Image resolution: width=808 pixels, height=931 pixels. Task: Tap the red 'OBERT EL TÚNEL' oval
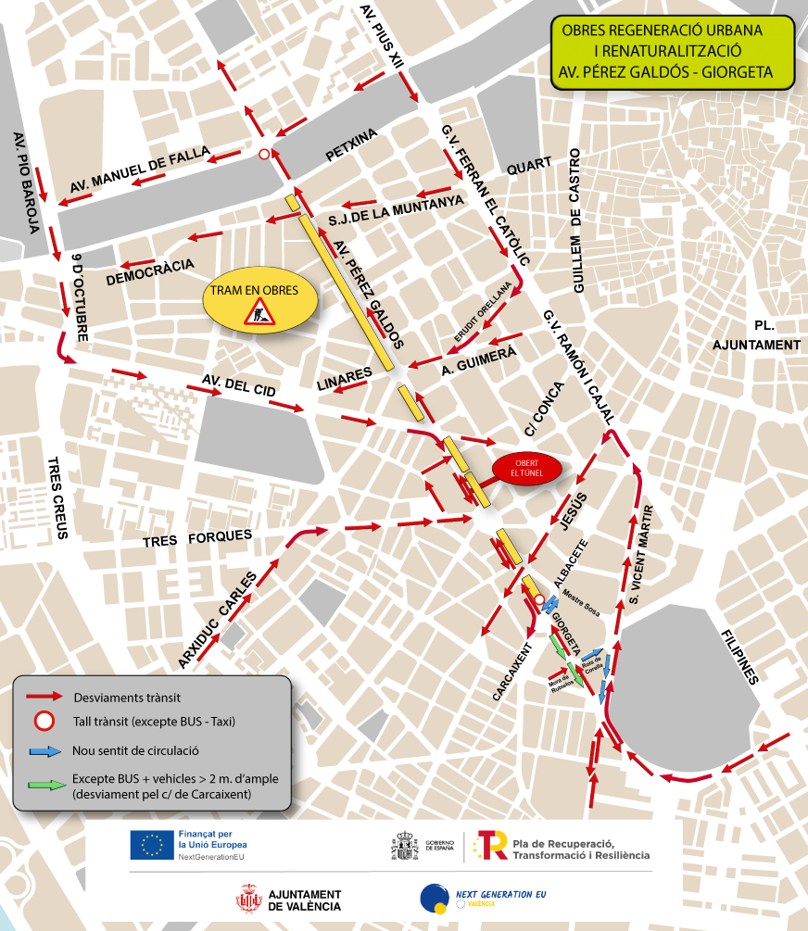(x=526, y=469)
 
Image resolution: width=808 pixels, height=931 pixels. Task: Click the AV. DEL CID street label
(x=239, y=385)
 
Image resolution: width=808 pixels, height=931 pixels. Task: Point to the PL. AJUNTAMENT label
(x=756, y=335)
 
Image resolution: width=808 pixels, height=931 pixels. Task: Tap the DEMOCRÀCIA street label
(x=150, y=271)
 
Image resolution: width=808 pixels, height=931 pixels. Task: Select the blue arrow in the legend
(x=44, y=751)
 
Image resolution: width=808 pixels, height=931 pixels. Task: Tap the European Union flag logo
(x=152, y=845)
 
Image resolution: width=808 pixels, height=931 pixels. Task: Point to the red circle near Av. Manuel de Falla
(x=264, y=155)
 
